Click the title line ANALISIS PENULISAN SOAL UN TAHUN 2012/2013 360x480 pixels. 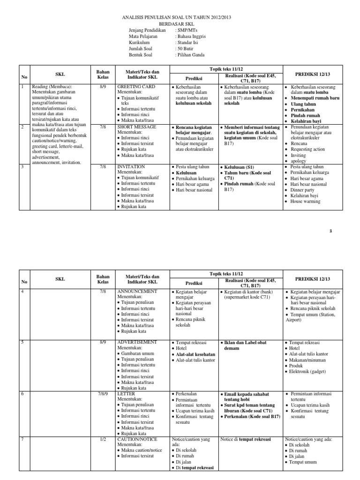click(x=180, y=18)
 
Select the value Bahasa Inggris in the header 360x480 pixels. click(x=191, y=36)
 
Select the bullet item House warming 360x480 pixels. click(x=306, y=202)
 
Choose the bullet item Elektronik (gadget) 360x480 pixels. click(x=310, y=371)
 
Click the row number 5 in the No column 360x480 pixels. click(x=22, y=343)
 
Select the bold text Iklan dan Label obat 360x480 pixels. click(x=245, y=343)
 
